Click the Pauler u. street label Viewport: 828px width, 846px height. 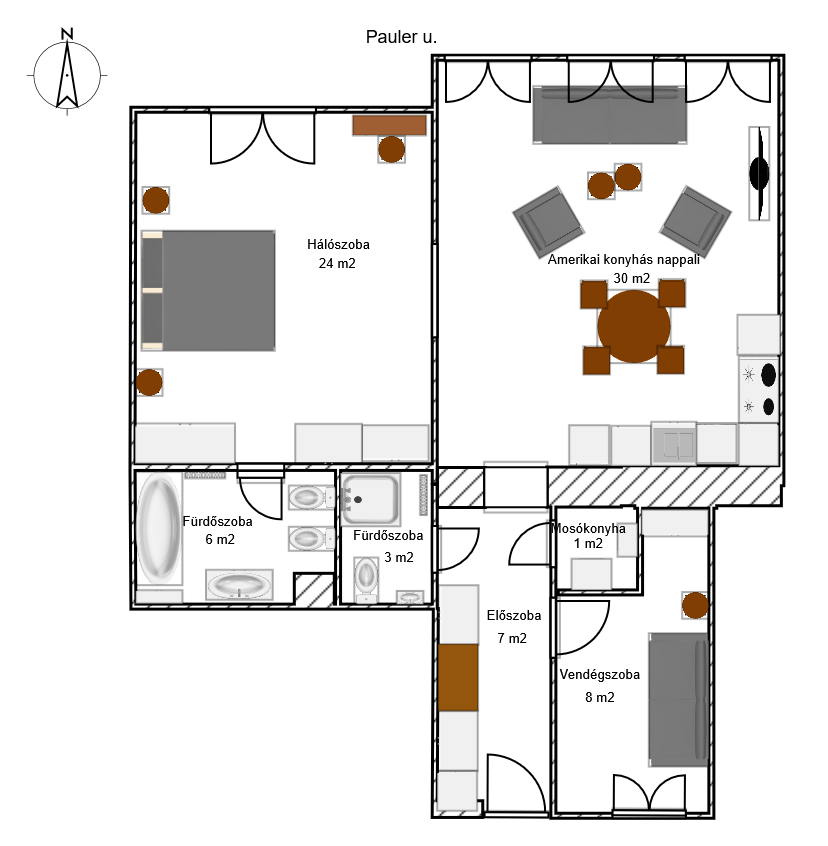(401, 37)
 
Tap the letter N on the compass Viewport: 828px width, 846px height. (67, 34)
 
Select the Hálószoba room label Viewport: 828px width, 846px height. (338, 244)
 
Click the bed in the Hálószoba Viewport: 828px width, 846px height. (208, 291)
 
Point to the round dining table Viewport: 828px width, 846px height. (634, 326)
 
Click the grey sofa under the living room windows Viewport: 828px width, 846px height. (610, 115)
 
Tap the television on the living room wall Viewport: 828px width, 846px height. (759, 173)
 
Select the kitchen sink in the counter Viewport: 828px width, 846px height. (674, 444)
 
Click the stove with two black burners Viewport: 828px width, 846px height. (759, 390)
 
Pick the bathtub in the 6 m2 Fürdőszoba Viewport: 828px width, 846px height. (159, 528)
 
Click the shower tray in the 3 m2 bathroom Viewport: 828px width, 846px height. (370, 500)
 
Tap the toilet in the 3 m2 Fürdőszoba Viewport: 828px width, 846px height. (366, 579)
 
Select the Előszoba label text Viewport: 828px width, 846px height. (514, 615)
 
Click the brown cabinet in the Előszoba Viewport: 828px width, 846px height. (458, 677)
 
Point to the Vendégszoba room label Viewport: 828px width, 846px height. (599, 674)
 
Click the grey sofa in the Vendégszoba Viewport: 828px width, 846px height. (678, 699)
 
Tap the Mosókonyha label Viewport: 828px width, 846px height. (588, 528)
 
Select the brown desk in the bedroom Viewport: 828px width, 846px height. (389, 125)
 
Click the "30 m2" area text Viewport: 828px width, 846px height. (632, 278)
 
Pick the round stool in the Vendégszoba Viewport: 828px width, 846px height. (695, 605)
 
